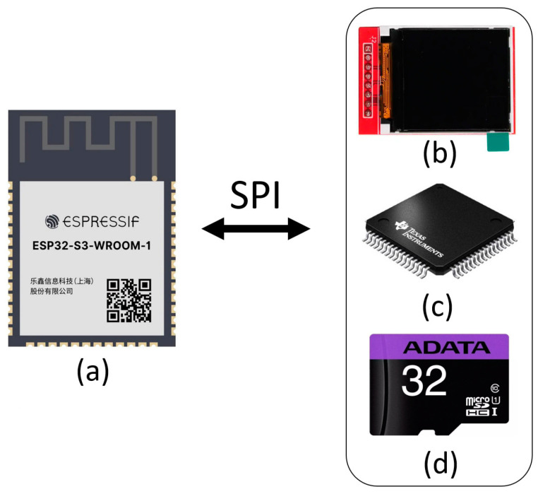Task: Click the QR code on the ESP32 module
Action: pyautogui.click(x=129, y=300)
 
